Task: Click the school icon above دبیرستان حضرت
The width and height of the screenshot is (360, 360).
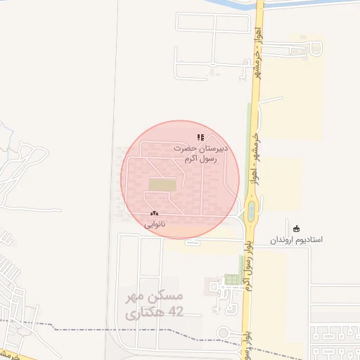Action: pyautogui.click(x=200, y=138)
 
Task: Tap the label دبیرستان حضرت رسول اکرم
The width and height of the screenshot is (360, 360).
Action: pyautogui.click(x=202, y=154)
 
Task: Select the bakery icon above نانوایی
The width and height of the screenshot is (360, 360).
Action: pyautogui.click(x=154, y=213)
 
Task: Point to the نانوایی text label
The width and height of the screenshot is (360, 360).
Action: pyautogui.click(x=155, y=225)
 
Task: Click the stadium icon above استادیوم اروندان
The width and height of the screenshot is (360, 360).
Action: pyautogui.click(x=297, y=228)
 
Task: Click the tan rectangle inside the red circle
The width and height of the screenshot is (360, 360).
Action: pyautogui.click(x=162, y=184)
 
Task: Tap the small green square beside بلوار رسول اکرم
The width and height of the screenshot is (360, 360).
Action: pyautogui.click(x=231, y=279)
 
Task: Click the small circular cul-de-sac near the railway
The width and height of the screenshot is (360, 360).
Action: pyautogui.click(x=224, y=333)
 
